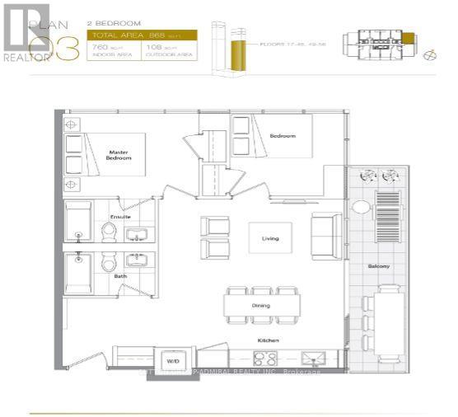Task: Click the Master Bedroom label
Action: [x=120, y=154]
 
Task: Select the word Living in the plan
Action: [x=270, y=239]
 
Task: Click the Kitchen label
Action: [x=265, y=339]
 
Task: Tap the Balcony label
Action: [x=379, y=266]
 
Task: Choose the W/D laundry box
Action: [x=174, y=360]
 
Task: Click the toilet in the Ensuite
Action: [x=108, y=233]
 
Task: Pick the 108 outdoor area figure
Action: [x=155, y=49]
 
